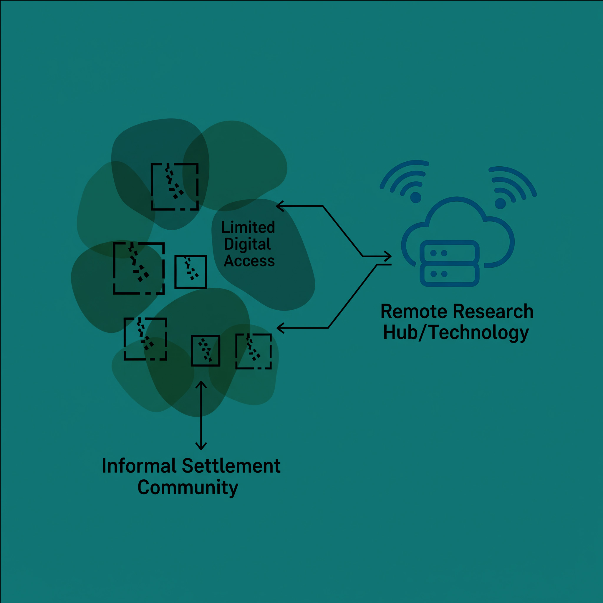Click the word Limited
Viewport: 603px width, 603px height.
pyautogui.click(x=248, y=228)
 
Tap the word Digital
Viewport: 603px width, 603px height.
pyautogui.click(x=247, y=244)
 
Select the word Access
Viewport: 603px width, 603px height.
pyautogui.click(x=249, y=261)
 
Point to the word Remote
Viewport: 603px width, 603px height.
pyautogui.click(x=414, y=312)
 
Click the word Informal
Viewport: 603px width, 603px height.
pyautogui.click(x=139, y=466)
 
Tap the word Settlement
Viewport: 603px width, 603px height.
pyautogui.click(x=231, y=466)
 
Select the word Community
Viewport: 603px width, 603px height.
pyautogui.click(x=188, y=488)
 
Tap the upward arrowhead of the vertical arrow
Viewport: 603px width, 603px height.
pyautogui.click(x=201, y=384)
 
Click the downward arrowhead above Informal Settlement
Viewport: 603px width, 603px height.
pyautogui.click(x=201, y=447)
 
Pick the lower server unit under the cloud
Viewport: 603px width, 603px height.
pyautogui.click(x=449, y=274)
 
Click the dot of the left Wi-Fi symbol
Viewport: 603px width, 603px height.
pyautogui.click(x=416, y=197)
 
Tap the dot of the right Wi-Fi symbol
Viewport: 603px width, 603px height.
pyautogui.click(x=500, y=203)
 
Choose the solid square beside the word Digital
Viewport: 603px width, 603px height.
pyautogui.click(x=191, y=271)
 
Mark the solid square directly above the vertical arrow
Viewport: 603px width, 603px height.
pyautogui.click(x=206, y=350)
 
